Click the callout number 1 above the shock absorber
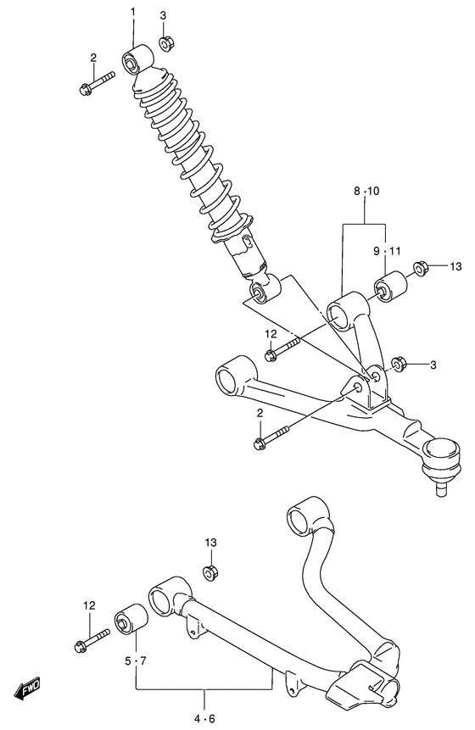click(132, 11)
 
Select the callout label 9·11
click(386, 251)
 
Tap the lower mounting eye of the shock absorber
click(259, 293)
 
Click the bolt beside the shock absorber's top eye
click(98, 85)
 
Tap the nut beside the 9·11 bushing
click(419, 270)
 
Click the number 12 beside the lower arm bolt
click(89, 605)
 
